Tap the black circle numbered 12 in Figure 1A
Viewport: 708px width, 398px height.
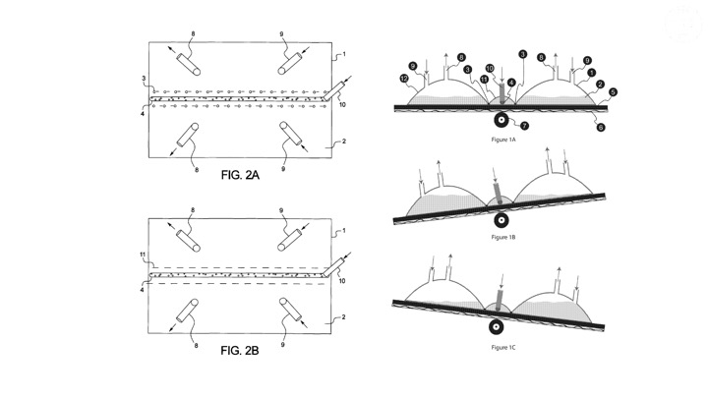coord(405,78)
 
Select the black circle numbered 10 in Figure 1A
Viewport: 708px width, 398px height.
coord(489,69)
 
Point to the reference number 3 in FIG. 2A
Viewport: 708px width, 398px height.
coord(145,77)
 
